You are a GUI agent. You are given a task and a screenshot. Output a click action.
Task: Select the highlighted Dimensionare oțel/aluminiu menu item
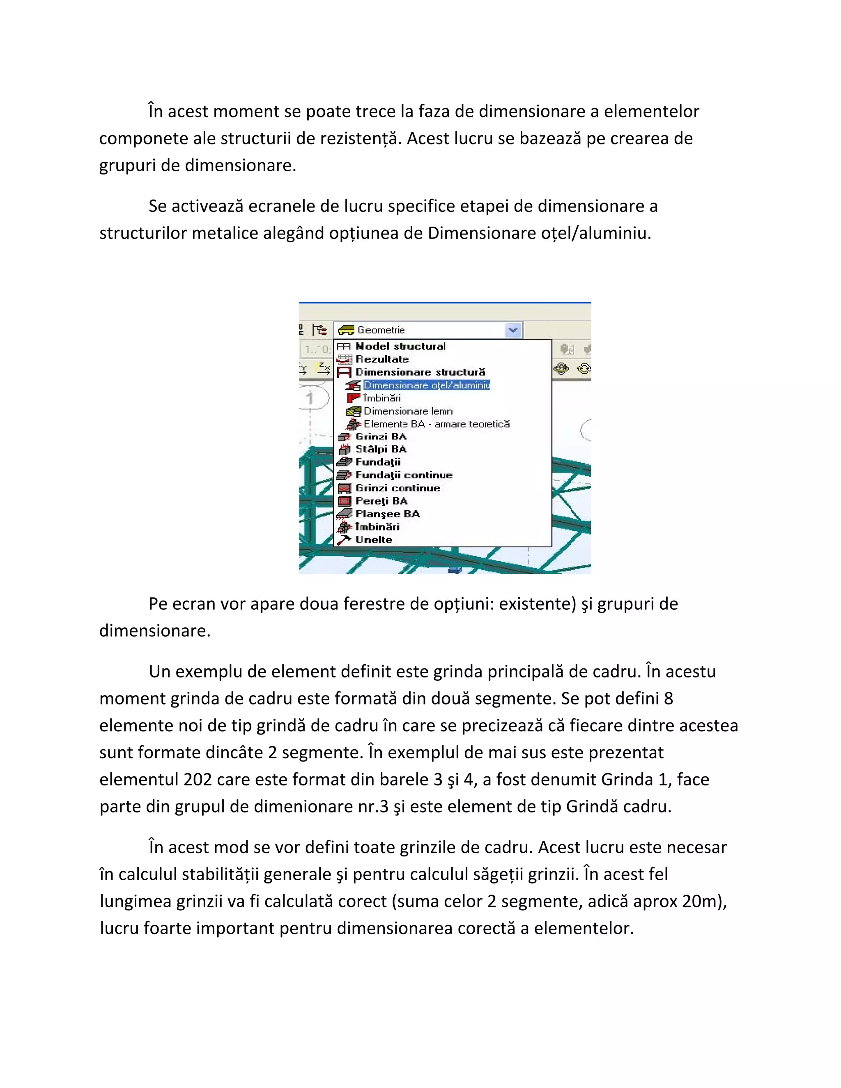tap(427, 385)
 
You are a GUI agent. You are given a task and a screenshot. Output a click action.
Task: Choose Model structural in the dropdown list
tap(400, 346)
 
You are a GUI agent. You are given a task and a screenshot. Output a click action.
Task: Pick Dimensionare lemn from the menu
tap(408, 411)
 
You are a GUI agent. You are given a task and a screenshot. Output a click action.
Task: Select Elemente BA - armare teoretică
tap(437, 424)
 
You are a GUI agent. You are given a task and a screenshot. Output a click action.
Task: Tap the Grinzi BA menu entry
tap(381, 436)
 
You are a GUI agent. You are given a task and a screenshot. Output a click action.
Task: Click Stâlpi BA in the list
tap(381, 449)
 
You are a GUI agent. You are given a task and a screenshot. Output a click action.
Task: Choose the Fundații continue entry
tap(404, 475)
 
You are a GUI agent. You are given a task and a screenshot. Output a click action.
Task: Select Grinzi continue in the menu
tap(398, 488)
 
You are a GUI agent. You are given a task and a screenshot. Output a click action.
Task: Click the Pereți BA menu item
tap(381, 501)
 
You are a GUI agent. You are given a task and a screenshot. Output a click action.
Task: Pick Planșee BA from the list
tap(387, 514)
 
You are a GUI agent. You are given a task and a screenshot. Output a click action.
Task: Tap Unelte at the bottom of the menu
tap(374, 540)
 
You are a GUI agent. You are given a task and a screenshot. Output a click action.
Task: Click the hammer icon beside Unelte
tap(344, 540)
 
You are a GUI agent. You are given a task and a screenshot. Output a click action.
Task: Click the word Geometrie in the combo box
tap(381, 330)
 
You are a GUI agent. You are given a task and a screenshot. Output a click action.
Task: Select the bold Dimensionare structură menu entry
tap(420, 372)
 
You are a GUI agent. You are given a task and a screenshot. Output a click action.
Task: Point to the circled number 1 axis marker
tap(310, 398)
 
